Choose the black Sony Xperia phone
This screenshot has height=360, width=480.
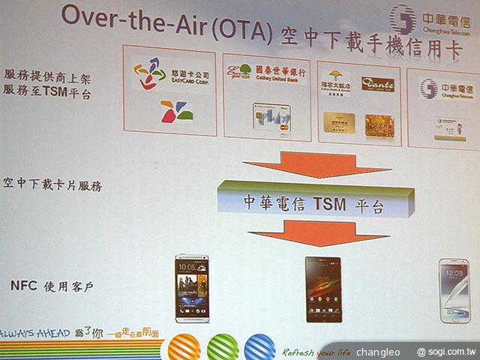[x=322, y=289]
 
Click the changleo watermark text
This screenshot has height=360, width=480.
[x=379, y=351]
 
